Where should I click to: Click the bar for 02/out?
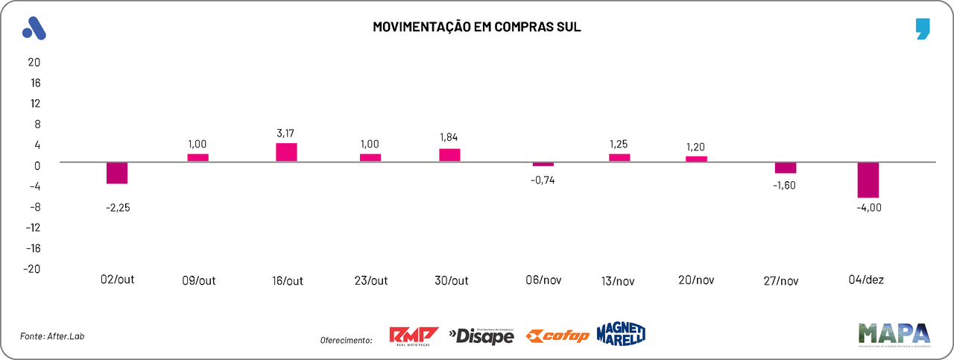click(117, 173)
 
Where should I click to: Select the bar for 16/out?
click(286, 152)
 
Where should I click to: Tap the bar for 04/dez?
click(868, 180)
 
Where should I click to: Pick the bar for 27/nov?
click(786, 168)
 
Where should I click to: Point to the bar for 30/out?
click(449, 155)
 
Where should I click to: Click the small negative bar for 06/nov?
click(543, 164)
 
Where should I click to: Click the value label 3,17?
click(286, 133)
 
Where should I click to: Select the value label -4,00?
click(868, 207)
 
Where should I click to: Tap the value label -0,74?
click(543, 180)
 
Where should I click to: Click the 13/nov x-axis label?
click(618, 281)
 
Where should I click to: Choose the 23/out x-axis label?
click(370, 281)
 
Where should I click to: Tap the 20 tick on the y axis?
click(34, 62)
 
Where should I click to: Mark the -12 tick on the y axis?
click(32, 227)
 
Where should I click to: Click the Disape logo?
click(481, 337)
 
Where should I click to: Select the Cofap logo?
click(557, 336)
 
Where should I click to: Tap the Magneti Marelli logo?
click(621, 335)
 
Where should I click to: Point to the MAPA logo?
click(894, 335)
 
